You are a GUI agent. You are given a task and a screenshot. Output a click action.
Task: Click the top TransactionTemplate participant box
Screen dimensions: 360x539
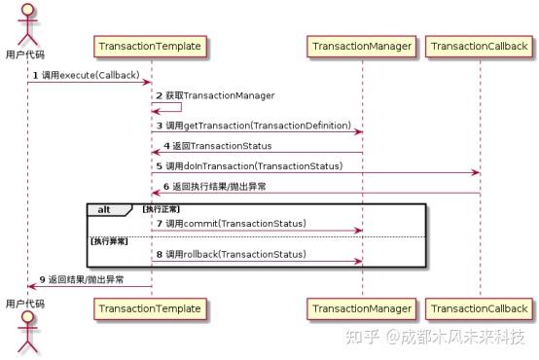coord(150,46)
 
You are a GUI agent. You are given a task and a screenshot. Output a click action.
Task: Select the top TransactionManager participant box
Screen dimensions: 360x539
coord(361,46)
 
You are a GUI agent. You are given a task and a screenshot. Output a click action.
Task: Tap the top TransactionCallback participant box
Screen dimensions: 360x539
coord(479,46)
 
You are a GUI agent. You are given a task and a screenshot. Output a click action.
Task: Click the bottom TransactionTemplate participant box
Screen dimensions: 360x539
coord(150,308)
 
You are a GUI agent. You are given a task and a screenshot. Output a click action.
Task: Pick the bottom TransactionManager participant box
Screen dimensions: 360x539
coord(361,308)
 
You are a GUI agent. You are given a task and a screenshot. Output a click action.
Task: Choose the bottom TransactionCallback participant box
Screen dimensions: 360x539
coord(479,308)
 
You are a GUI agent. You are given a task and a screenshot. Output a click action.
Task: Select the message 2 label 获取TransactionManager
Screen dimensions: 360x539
coord(219,96)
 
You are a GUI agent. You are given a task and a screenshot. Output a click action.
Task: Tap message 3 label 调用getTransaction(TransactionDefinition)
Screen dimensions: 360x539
coord(257,126)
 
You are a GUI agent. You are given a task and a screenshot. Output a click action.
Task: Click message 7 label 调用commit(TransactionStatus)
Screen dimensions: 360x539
coord(234,225)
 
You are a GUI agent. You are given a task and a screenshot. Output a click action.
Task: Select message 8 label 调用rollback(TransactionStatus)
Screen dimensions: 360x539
coord(234,255)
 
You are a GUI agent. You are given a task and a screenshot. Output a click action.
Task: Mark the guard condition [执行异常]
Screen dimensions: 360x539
coord(108,240)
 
